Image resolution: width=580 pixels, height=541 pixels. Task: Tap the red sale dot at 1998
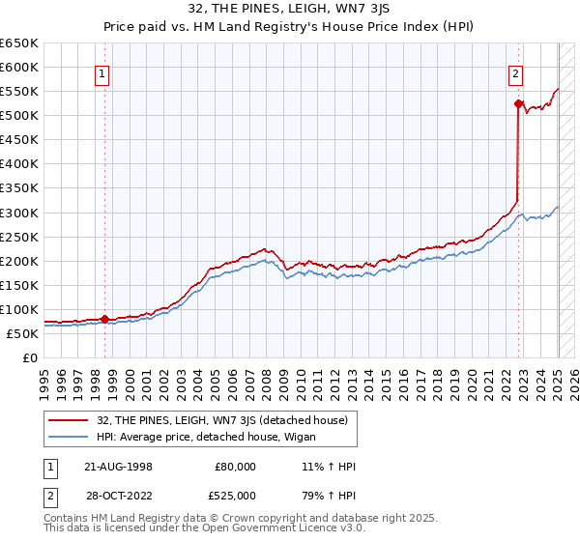(104, 319)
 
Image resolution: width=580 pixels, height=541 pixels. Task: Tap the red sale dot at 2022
(518, 103)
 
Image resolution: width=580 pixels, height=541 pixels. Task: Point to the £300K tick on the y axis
(21, 213)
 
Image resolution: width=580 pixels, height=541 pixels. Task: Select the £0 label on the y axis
(32, 357)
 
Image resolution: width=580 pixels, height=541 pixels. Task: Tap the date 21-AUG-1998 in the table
(117, 467)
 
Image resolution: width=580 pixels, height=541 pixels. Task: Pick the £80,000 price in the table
(236, 467)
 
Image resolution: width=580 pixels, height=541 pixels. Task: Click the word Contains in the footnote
(67, 519)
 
